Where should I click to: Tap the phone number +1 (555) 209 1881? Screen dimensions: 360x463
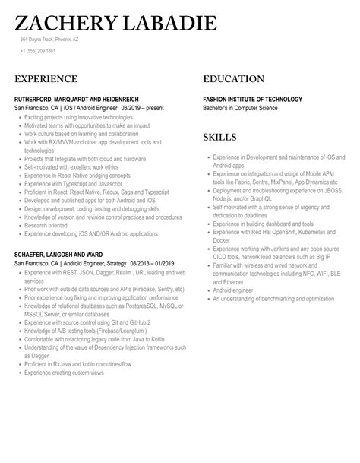click(38, 51)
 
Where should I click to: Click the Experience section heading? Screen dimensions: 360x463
click(46, 79)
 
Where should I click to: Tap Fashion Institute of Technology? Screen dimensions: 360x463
click(252, 100)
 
